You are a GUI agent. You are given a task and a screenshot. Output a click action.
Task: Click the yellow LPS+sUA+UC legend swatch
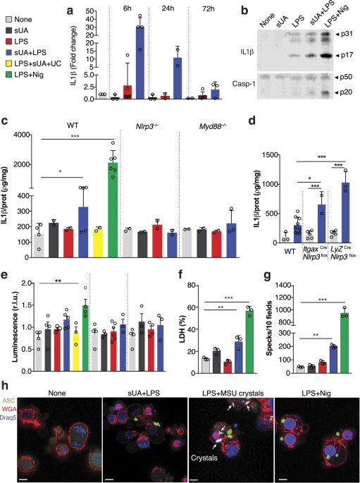(8, 63)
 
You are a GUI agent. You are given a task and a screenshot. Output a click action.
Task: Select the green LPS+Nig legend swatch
(8, 74)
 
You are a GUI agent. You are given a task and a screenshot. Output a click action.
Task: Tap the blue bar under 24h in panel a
(178, 78)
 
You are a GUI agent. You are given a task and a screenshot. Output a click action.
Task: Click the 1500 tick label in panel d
(270, 155)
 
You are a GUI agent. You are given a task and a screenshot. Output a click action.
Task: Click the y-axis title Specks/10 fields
(270, 329)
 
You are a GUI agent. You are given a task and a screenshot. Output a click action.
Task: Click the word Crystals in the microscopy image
(204, 458)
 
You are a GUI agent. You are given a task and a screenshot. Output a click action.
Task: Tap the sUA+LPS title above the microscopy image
(145, 393)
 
